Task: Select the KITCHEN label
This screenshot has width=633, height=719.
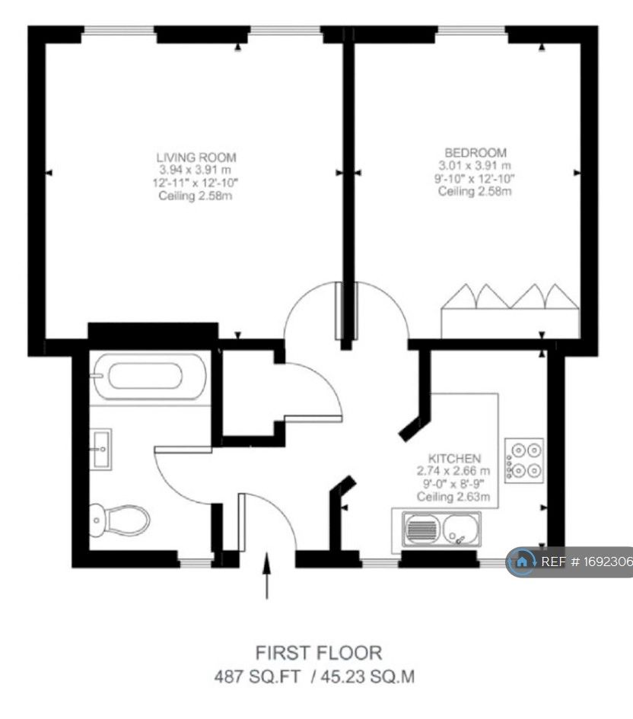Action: click(454, 458)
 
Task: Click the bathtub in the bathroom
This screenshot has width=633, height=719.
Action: click(145, 375)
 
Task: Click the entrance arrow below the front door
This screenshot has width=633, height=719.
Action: click(266, 576)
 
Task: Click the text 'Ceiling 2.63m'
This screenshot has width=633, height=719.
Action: click(453, 497)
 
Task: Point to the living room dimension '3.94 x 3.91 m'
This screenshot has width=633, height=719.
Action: click(198, 170)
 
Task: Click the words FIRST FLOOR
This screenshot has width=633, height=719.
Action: click(318, 652)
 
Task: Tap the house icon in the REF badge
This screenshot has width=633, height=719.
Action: click(522, 562)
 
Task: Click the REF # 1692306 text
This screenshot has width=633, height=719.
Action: click(585, 562)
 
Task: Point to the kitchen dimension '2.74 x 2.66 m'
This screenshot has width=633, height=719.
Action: click(454, 471)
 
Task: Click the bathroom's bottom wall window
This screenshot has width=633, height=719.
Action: click(196, 563)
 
